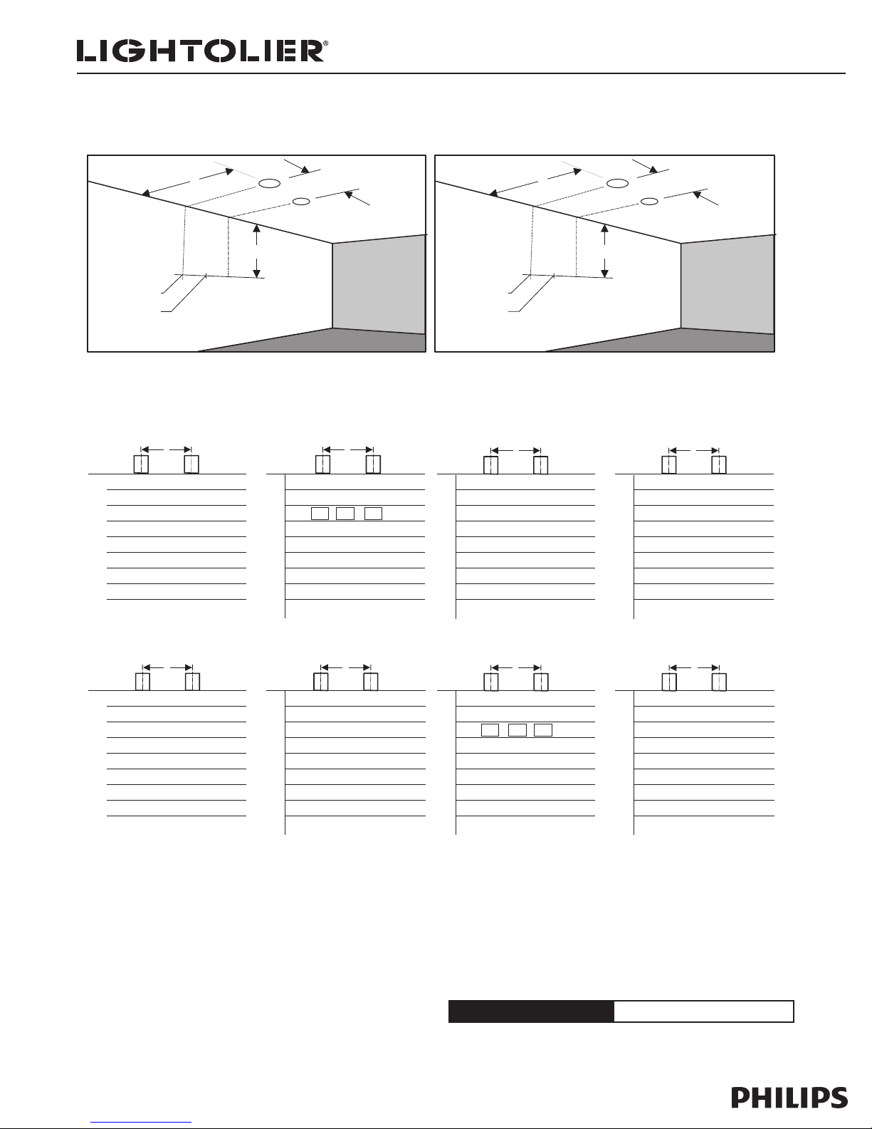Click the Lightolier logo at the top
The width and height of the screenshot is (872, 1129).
202,51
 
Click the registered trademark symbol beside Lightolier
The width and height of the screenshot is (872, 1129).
325,43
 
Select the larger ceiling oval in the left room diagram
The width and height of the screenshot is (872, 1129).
269,183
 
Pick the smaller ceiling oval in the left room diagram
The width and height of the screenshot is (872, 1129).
301,201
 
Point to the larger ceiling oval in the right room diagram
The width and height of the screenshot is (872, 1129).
618,183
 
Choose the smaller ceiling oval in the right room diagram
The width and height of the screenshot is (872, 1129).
649,201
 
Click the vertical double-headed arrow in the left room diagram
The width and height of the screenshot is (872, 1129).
256,251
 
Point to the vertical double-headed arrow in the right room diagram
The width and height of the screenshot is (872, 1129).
604,251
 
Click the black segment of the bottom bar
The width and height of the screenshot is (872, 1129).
531,1011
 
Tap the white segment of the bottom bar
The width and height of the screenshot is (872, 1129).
704,1011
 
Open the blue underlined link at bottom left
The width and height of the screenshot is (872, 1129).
141,1123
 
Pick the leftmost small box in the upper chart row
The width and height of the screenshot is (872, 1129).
320,514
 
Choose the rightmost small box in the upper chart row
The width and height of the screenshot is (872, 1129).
373,514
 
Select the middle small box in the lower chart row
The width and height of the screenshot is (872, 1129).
517,730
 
